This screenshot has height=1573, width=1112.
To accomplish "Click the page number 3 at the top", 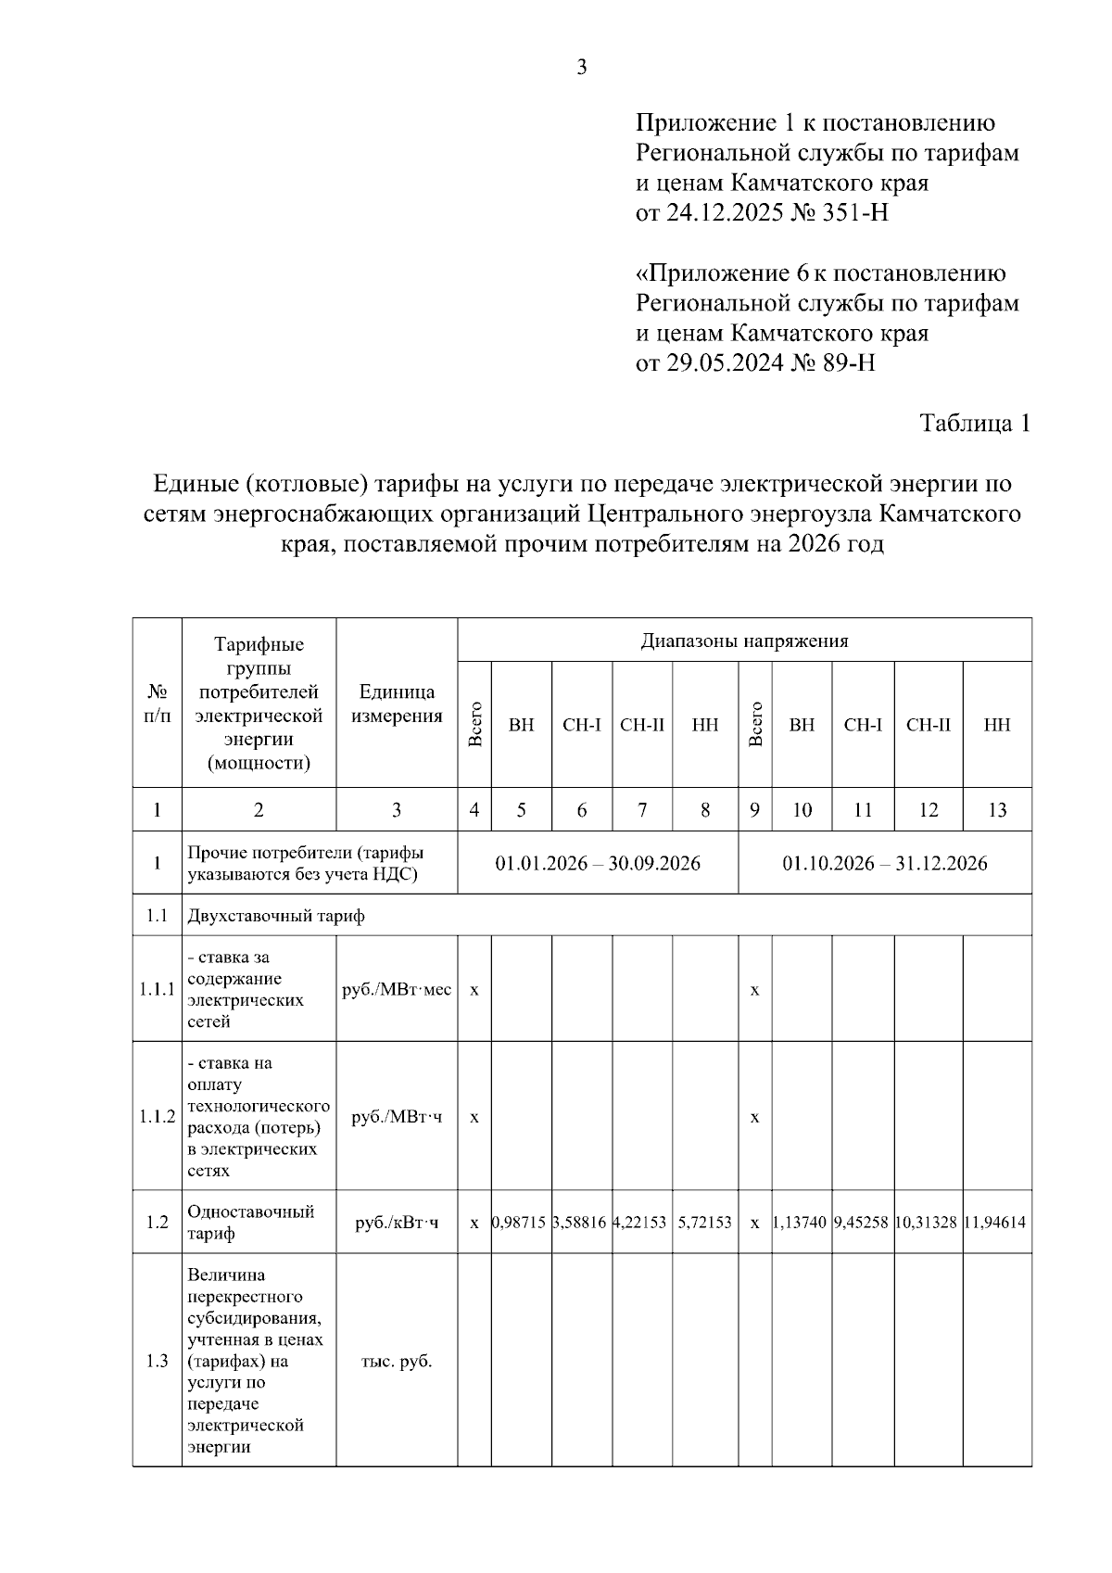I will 582,67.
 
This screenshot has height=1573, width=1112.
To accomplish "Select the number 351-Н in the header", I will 854,213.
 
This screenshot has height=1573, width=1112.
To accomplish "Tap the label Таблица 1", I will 974,423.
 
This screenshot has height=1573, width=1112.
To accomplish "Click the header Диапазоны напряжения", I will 744,641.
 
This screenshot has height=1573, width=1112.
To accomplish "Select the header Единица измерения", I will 397,704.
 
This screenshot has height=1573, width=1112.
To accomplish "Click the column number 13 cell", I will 997,810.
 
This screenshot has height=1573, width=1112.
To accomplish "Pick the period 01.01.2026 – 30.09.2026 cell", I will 598,863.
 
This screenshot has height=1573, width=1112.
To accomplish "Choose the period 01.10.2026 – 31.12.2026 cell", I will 885,863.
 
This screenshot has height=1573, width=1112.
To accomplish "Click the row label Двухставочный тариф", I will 276,916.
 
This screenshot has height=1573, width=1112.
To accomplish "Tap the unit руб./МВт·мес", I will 397,989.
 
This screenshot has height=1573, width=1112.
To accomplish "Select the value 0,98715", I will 521,1223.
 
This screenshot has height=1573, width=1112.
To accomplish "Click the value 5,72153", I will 705,1223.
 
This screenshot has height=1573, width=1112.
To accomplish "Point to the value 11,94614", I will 997,1223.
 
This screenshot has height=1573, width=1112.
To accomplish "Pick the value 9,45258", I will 863,1223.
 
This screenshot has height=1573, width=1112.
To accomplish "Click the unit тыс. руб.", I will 397,1362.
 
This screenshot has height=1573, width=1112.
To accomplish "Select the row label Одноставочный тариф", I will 251,1223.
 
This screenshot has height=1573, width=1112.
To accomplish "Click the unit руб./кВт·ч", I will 397,1223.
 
